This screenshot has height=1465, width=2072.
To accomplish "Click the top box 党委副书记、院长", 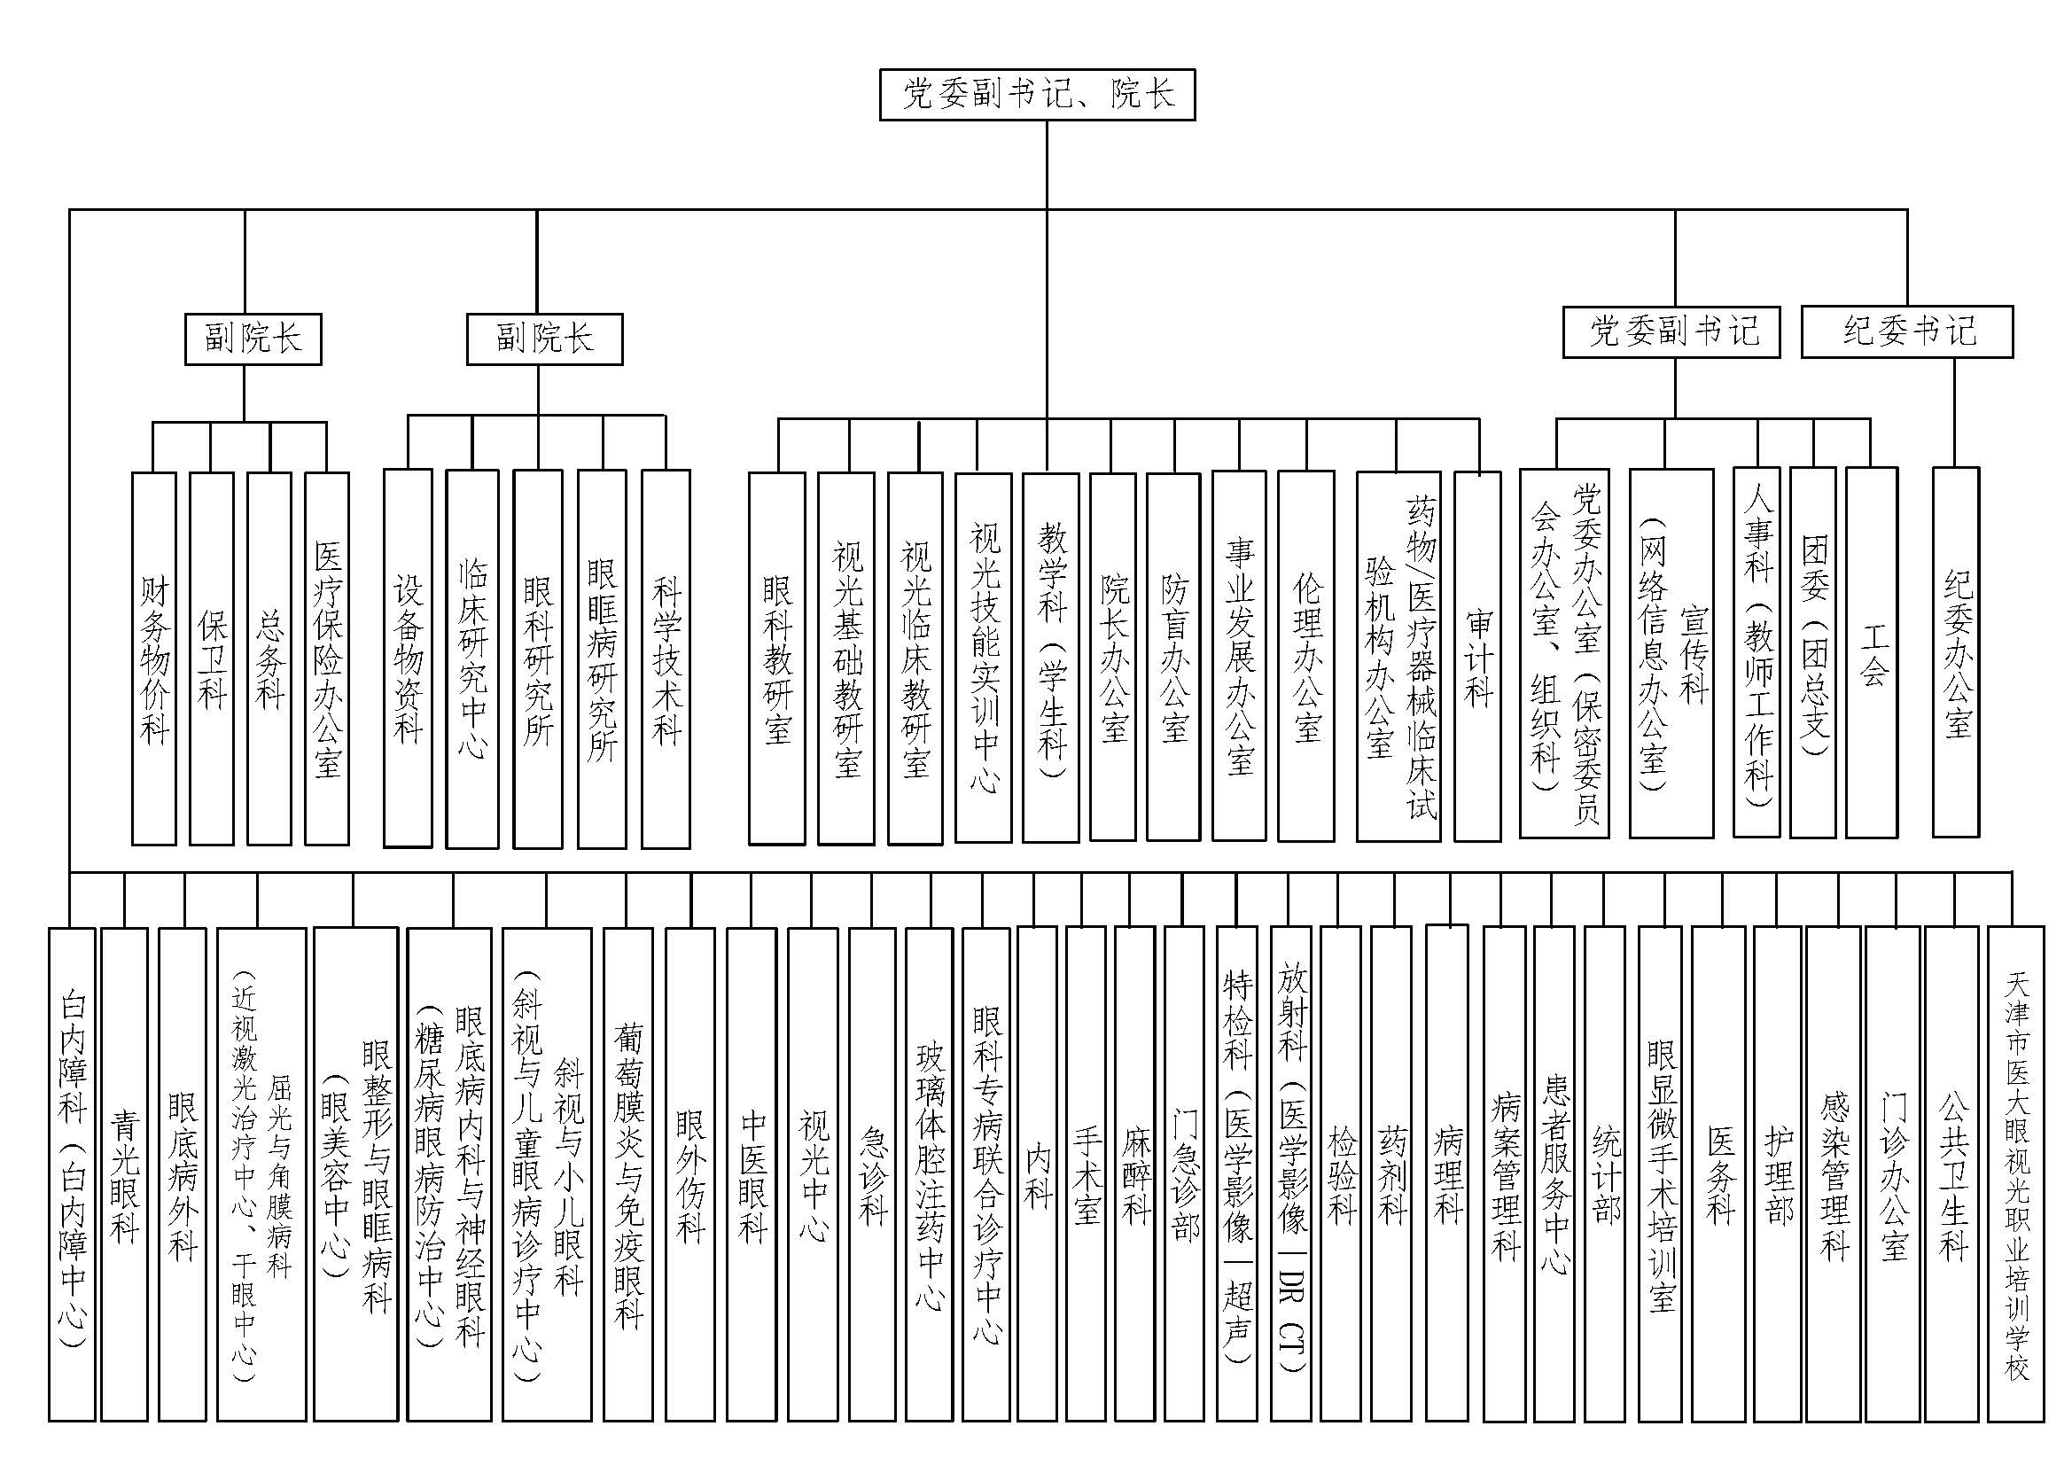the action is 1037,95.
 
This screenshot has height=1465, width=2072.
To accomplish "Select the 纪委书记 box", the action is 1907,332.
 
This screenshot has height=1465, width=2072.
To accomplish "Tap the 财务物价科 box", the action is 153,658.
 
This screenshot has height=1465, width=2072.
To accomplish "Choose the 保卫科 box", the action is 211,658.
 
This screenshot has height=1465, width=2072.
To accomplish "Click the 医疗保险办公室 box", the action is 327,658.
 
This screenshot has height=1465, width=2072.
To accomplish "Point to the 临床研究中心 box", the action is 472,658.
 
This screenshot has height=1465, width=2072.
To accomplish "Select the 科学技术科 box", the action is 666,658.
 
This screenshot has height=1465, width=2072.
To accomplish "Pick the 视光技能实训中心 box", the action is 983,658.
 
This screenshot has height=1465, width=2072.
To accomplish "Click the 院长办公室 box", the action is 1113,657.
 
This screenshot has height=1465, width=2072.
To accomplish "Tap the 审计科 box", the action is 1478,656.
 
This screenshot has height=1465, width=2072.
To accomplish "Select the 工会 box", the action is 1872,651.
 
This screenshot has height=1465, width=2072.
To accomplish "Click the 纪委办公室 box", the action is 1956,651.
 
